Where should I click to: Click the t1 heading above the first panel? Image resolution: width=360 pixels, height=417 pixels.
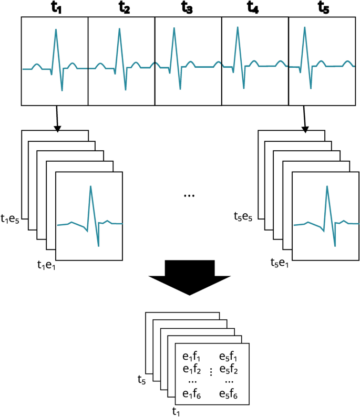pyautogui.click(x=55, y=8)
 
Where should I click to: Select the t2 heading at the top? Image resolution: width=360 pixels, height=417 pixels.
pyautogui.click(x=125, y=8)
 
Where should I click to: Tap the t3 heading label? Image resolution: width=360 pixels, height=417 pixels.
pyautogui.click(x=187, y=8)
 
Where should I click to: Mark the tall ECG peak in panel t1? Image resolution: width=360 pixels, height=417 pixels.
pyautogui.click(x=56, y=30)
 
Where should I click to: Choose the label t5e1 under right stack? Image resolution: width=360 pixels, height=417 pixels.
pyautogui.click(x=279, y=263)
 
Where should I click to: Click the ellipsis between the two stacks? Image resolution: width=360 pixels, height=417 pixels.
pyautogui.click(x=189, y=196)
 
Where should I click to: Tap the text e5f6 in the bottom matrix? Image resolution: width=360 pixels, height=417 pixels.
pyautogui.click(x=229, y=395)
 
